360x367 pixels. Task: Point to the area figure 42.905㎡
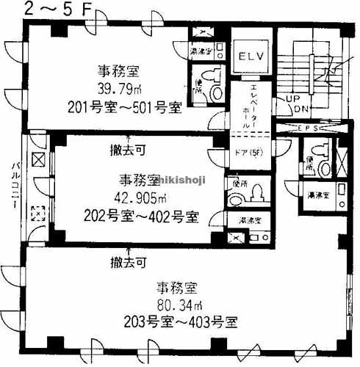[140, 199]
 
